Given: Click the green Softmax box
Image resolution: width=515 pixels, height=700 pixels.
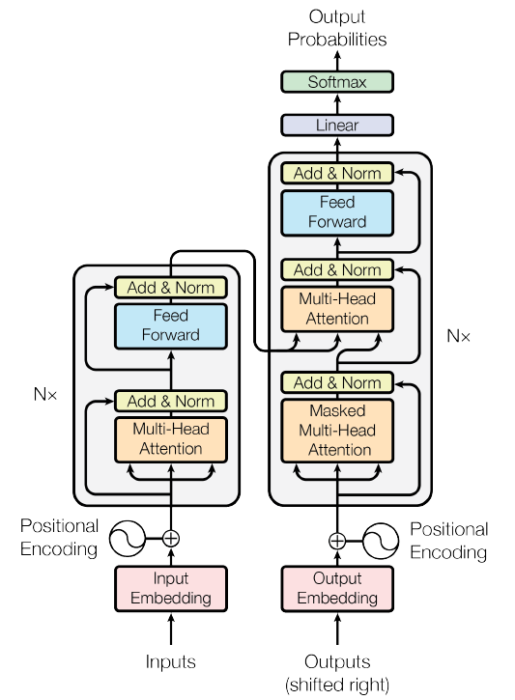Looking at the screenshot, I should coord(337,82).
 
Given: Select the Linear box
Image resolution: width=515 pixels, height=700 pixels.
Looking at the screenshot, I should coord(337,125).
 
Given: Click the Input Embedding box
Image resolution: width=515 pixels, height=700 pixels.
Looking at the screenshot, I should coord(171,588).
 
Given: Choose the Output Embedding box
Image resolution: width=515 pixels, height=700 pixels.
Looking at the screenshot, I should coord(337,588).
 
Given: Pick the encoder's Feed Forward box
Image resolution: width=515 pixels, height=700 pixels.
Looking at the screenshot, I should coord(171,325).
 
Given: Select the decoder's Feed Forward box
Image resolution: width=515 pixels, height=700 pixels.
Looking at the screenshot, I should coord(337,212).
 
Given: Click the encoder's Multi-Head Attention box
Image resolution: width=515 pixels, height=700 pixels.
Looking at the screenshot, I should coord(171,438).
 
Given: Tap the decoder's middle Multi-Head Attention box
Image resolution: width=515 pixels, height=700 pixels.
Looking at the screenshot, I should coord(337,308).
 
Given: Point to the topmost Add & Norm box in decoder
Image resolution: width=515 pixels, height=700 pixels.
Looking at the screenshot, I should coord(337,174).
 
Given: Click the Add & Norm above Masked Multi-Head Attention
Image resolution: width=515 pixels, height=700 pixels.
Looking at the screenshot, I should coord(337,383).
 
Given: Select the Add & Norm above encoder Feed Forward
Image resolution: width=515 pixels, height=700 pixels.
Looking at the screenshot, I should coord(171,287).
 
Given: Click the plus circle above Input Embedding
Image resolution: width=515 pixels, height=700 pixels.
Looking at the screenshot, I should coord(171,539).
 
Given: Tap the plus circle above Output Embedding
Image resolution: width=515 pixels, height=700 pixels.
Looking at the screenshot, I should coord(337,541).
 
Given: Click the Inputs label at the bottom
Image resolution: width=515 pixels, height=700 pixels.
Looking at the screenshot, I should coord(171,661).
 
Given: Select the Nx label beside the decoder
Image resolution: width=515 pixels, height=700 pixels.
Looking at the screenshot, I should coord(458,336).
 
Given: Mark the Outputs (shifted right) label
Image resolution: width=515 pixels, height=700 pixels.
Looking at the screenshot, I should coord(337,672).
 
